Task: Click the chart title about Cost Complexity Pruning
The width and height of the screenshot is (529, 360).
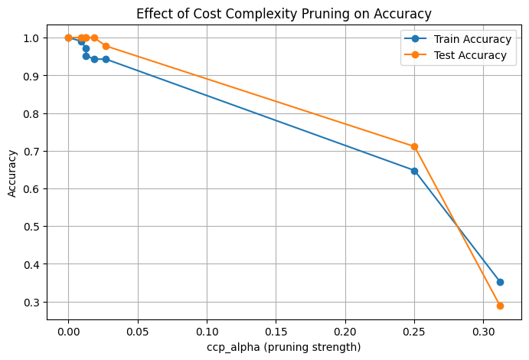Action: [x=283, y=13]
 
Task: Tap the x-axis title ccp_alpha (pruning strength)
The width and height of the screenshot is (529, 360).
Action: [x=283, y=347]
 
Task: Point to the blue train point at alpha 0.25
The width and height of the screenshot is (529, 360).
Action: [x=414, y=171]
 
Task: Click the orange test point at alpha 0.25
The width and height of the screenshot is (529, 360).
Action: [x=414, y=146]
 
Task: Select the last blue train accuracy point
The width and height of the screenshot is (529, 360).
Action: [x=500, y=282]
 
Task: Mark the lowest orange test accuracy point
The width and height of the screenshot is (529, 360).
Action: [x=500, y=306]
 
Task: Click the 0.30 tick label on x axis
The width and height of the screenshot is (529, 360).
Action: [x=484, y=332]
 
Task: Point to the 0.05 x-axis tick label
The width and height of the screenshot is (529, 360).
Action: [x=138, y=332]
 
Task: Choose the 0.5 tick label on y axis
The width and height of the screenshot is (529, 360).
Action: [x=33, y=227]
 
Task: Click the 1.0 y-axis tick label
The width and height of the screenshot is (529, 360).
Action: [x=33, y=38]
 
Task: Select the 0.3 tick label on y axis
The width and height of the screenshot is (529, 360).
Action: [x=33, y=302]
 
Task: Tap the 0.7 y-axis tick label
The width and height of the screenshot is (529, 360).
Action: [x=33, y=151]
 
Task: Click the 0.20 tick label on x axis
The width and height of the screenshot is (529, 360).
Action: [x=345, y=332]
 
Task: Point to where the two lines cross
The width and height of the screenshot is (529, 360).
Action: [x=458, y=227]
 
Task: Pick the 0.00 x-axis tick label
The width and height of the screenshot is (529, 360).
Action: [x=68, y=332]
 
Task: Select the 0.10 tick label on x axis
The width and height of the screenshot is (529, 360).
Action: [x=207, y=332]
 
